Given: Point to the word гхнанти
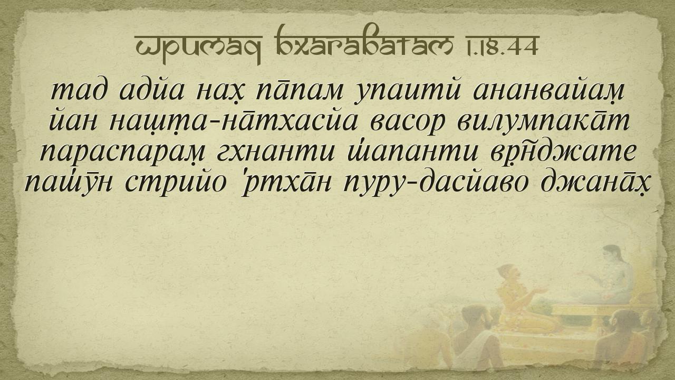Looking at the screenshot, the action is [275, 153].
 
